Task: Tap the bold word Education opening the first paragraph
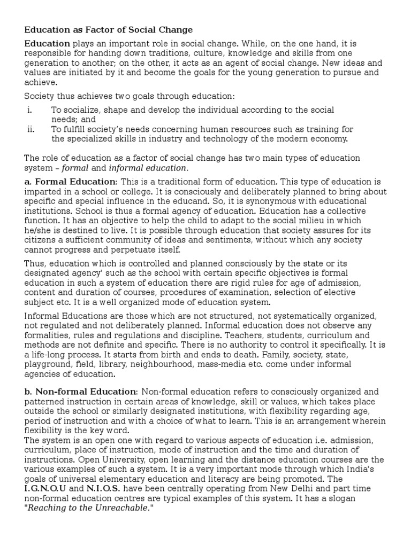click(47, 43)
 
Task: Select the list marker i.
click(30, 110)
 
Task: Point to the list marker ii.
click(31, 129)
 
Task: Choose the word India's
click(365, 470)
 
